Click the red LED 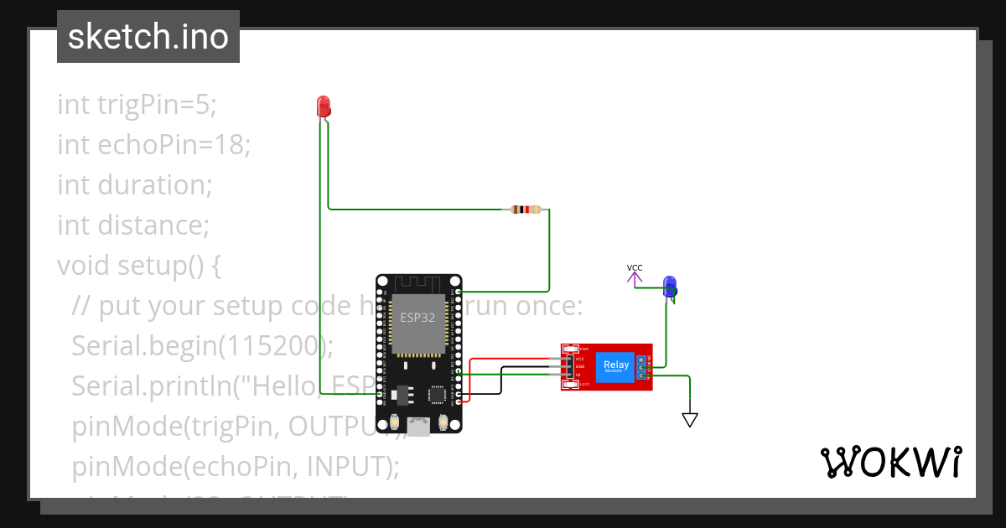tap(324, 106)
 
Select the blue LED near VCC tap(669, 287)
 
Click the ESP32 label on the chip tap(417, 317)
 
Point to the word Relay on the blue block tap(616, 365)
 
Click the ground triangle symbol tap(689, 420)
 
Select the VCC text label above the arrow tap(635, 268)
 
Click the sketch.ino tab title tap(148, 37)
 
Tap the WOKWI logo tap(890, 463)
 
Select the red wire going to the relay tap(511, 359)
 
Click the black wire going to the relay tap(524, 367)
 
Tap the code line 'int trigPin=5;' tap(137, 105)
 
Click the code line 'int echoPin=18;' tap(154, 145)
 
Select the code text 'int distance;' tap(132, 225)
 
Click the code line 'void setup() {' tap(138, 266)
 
